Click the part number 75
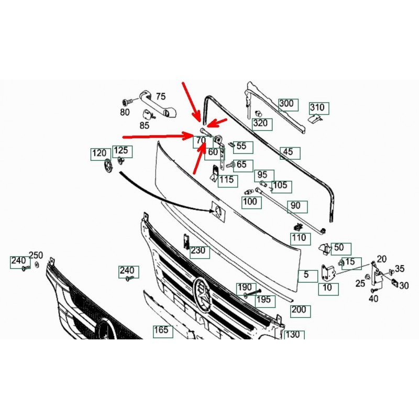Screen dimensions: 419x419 coord(161,96)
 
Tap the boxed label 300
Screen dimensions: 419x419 coord(289,105)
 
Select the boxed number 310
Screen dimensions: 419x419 coord(319,108)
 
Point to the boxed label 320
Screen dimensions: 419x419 coord(262,124)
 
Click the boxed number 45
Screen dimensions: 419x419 coord(290,153)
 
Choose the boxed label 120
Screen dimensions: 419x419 coord(101,154)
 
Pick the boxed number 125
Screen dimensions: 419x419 coord(122,151)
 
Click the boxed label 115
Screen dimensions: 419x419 coord(228,181)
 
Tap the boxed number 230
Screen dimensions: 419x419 coord(200,252)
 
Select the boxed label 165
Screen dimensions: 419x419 coord(163,332)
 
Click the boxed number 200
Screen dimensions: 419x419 coord(300,311)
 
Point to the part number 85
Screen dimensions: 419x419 coord(145,125)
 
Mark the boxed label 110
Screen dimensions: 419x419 coord(301,239)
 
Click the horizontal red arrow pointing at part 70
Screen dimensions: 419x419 coord(157,136)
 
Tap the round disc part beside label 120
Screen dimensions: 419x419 coord(108,166)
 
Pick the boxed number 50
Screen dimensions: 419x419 coord(341,249)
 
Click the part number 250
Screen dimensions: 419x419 coord(36,256)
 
